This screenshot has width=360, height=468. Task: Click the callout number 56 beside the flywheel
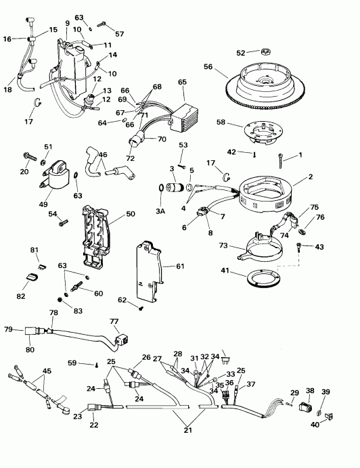pos(208,67)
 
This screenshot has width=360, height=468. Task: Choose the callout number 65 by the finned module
pos(181,82)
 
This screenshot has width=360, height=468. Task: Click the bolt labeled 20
pos(29,156)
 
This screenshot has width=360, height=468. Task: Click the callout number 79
pos(9,329)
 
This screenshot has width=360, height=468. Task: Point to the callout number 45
pos(47,371)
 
